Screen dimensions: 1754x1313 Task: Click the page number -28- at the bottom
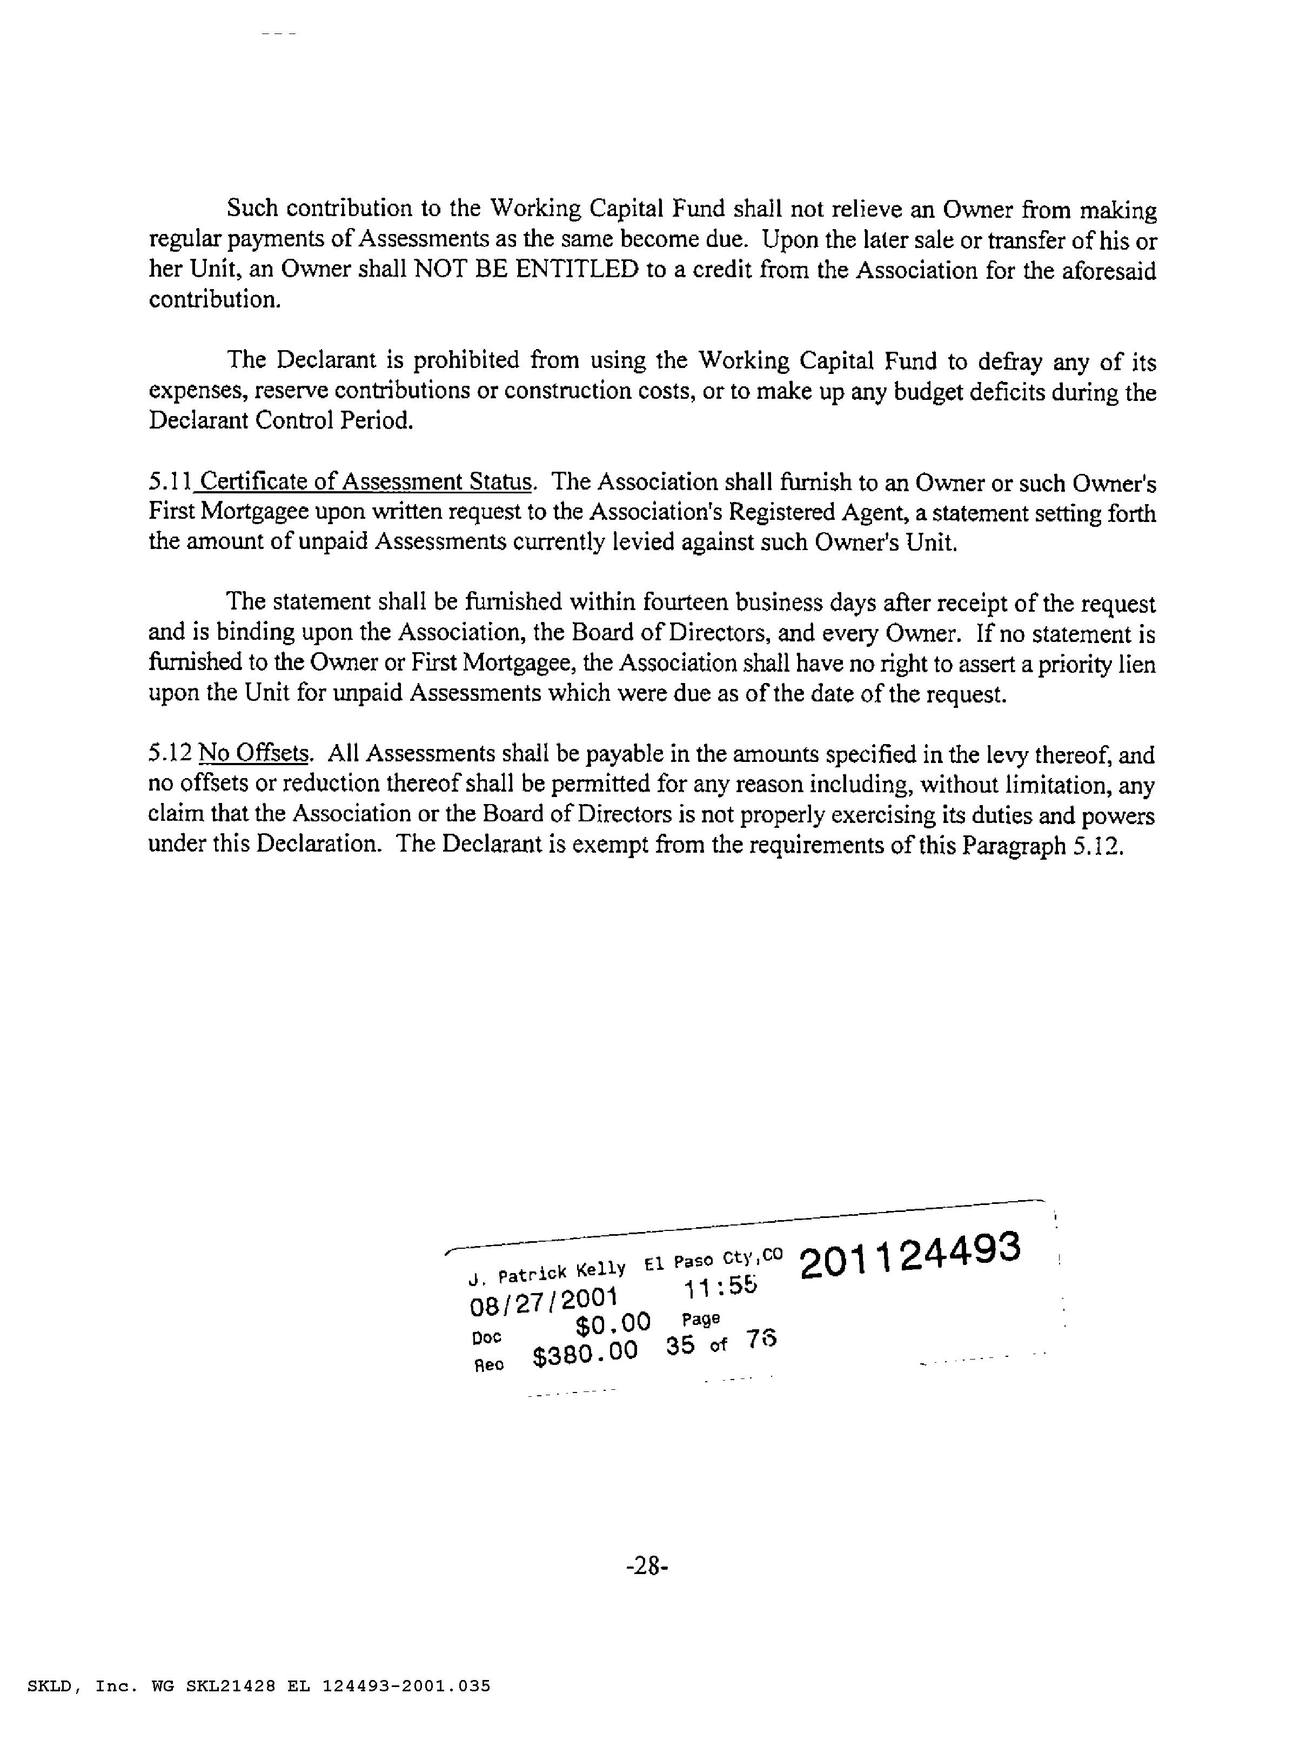pos(647,1566)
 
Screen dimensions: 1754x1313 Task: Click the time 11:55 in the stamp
pos(720,1286)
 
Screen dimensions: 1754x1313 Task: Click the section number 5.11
pos(170,481)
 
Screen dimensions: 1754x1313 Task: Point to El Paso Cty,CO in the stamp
pos(713,1258)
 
